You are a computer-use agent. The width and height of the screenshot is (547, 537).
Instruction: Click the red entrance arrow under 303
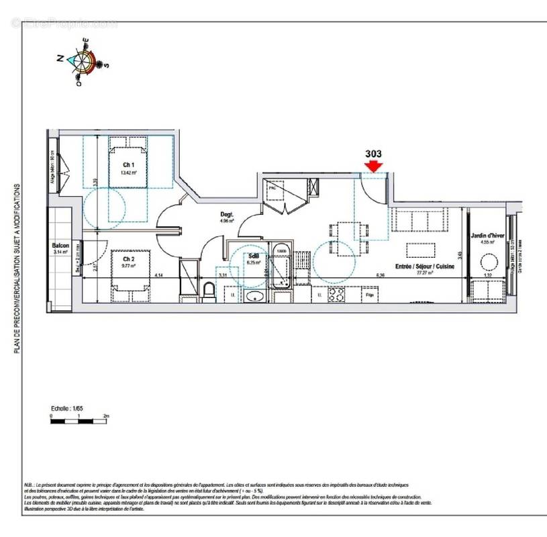click(373, 165)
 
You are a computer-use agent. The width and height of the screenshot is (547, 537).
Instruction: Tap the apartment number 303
click(373, 153)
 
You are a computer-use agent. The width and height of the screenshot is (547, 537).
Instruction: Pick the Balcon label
click(61, 246)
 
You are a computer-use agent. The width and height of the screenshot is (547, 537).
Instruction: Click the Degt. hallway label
click(227, 215)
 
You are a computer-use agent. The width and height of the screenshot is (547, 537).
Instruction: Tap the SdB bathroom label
click(254, 256)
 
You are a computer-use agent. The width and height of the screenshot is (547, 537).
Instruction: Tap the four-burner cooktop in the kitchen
click(336, 295)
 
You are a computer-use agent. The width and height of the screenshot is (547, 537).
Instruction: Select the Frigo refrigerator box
click(369, 295)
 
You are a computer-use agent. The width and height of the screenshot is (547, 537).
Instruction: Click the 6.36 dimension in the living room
click(381, 275)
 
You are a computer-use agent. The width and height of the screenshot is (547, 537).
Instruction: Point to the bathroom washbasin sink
click(254, 295)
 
